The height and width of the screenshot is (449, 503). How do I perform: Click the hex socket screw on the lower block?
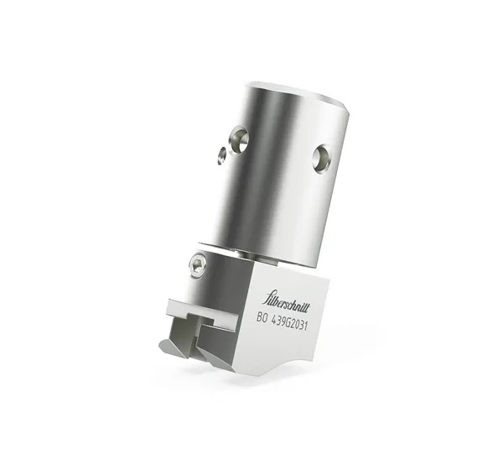coord(198,266)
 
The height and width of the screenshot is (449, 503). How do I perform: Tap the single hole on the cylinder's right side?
coord(322,157)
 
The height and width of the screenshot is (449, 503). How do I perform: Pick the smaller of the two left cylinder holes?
coord(222,154)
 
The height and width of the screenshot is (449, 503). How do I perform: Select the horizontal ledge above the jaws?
coord(201,309)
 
